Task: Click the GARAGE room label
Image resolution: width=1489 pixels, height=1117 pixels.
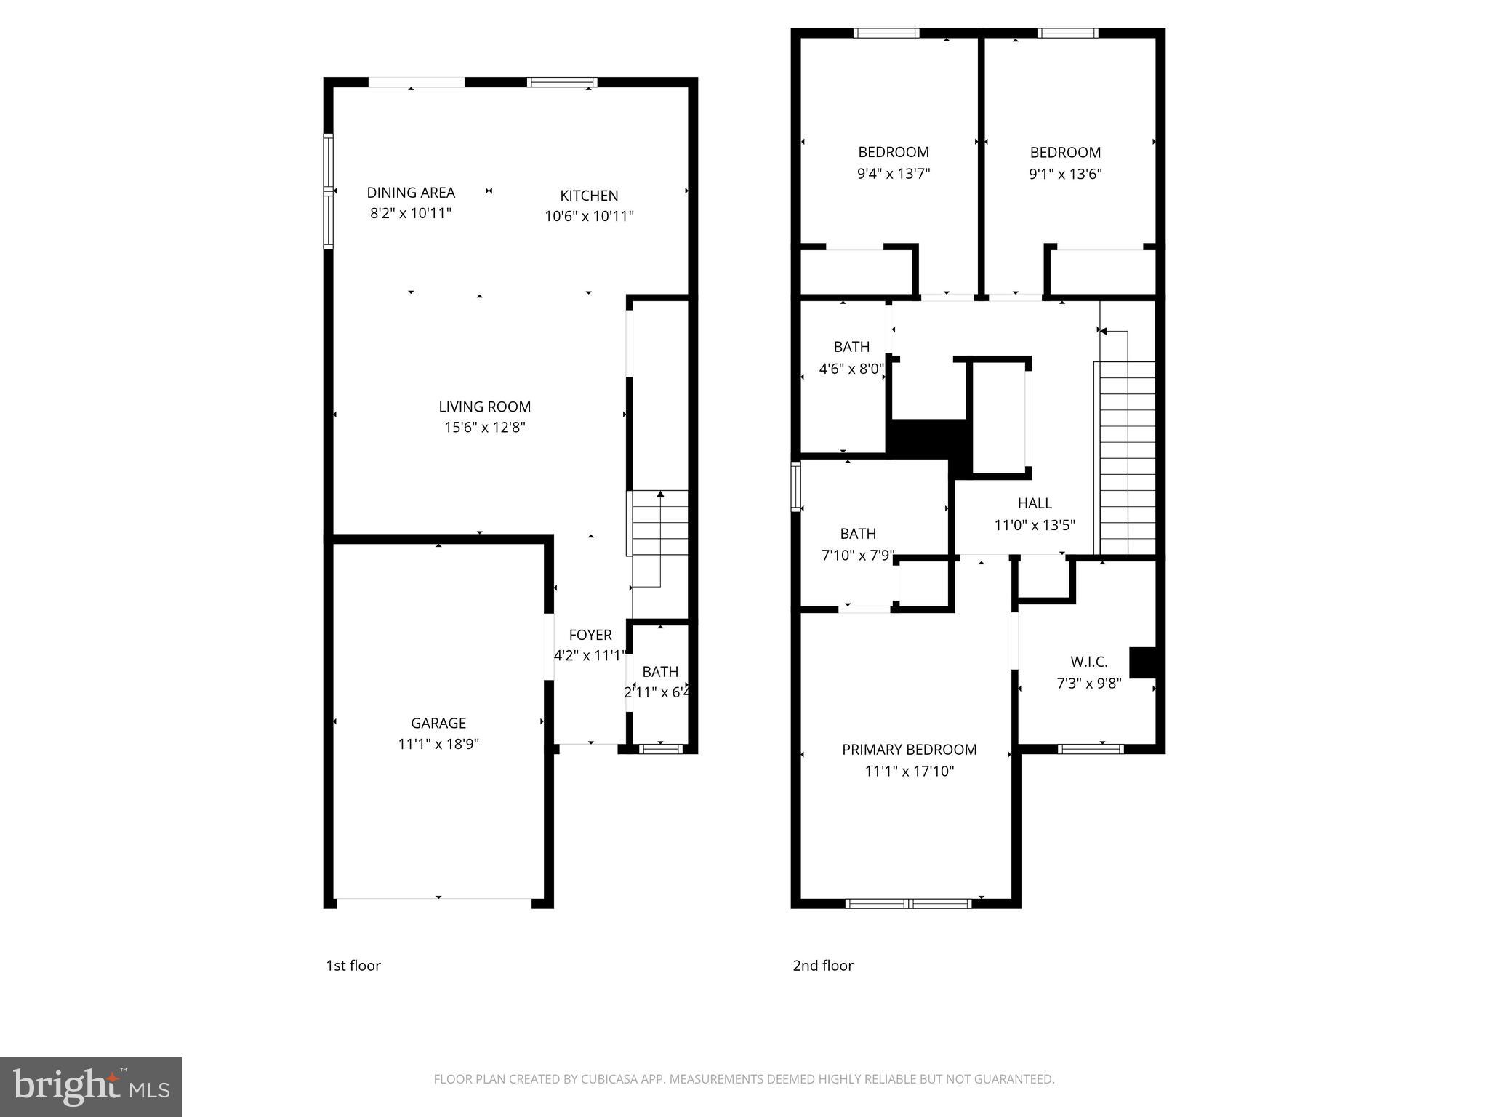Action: click(x=438, y=723)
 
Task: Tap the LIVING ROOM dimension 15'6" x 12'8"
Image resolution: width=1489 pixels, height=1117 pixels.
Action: click(x=484, y=428)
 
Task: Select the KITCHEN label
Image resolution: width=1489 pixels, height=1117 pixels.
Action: click(x=589, y=196)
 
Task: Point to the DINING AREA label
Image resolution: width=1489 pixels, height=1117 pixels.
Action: click(x=411, y=193)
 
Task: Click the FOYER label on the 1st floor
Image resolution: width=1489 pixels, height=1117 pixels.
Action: click(x=590, y=635)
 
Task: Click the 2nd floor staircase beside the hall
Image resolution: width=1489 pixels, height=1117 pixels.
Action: click(x=1126, y=458)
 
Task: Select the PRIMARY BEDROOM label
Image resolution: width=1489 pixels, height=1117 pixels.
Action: click(x=909, y=750)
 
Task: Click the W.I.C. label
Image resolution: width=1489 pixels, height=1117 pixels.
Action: click(x=1088, y=662)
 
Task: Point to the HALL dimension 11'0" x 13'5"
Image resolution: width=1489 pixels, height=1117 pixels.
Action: click(x=1034, y=525)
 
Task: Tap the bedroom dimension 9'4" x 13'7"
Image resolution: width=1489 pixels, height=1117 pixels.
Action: click(x=894, y=174)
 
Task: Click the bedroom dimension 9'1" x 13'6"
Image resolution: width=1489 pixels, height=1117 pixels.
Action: click(x=1065, y=175)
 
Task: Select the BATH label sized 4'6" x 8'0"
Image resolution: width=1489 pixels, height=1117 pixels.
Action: click(x=851, y=347)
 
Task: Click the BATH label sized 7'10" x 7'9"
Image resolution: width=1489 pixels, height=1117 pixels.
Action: click(x=858, y=534)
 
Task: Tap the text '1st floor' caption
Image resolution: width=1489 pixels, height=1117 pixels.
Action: click(x=353, y=966)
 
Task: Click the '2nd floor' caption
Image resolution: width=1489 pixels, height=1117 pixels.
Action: click(x=822, y=966)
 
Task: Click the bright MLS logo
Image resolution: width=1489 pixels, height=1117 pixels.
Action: click(x=91, y=1087)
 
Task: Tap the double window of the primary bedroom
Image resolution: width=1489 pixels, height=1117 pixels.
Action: click(x=908, y=903)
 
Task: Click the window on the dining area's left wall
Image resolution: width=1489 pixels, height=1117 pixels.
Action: click(x=328, y=191)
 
